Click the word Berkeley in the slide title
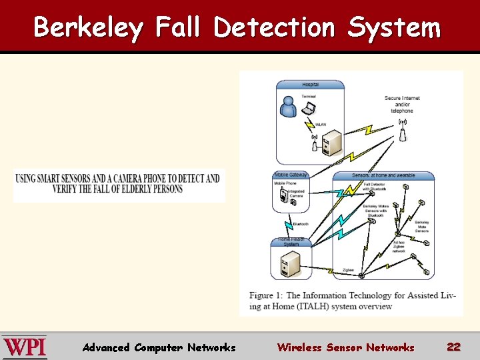click(88, 28)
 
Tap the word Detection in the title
click(275, 28)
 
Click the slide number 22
click(454, 347)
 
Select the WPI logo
click(25, 347)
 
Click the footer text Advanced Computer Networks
click(159, 347)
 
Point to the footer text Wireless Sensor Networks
click(345, 347)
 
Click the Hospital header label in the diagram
click(310, 85)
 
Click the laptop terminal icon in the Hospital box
click(309, 107)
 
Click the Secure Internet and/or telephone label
click(402, 104)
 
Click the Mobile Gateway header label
click(291, 175)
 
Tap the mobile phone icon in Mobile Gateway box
click(283, 195)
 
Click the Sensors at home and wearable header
click(383, 175)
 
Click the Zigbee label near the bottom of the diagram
click(348, 270)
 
